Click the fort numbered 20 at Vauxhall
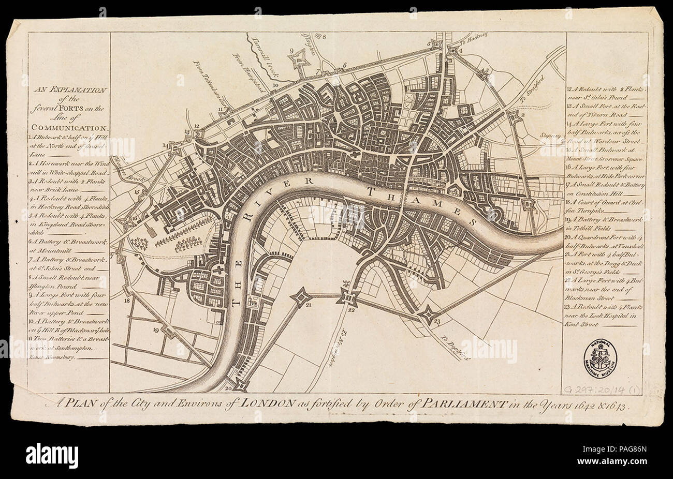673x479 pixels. click(240, 385)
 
